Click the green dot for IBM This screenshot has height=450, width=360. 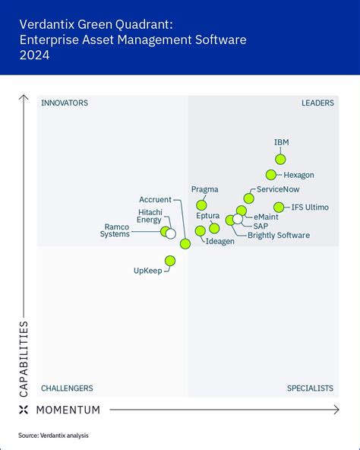click(x=280, y=159)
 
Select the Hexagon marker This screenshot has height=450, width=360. click(x=271, y=175)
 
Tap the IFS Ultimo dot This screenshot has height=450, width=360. click(x=278, y=207)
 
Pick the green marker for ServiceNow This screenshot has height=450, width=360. click(x=249, y=198)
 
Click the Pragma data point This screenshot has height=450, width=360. click(x=201, y=204)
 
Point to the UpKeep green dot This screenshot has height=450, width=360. click(x=169, y=261)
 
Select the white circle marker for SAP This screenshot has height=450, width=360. click(x=238, y=220)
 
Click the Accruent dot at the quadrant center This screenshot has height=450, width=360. click(x=185, y=243)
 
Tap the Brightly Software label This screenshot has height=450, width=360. click(x=278, y=236)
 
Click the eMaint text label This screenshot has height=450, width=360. click(x=266, y=217)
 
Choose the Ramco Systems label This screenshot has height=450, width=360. click(x=116, y=230)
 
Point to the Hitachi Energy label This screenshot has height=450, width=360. click(x=149, y=216)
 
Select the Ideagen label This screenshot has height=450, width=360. click(x=219, y=242)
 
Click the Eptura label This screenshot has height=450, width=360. click(x=207, y=217)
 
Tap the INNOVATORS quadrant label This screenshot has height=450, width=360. click(x=65, y=103)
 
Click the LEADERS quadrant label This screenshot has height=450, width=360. click(x=317, y=103)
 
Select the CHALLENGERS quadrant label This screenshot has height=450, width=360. click(x=67, y=388)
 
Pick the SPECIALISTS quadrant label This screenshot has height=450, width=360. click(x=310, y=388)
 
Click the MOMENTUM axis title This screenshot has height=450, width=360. click(x=68, y=410)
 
